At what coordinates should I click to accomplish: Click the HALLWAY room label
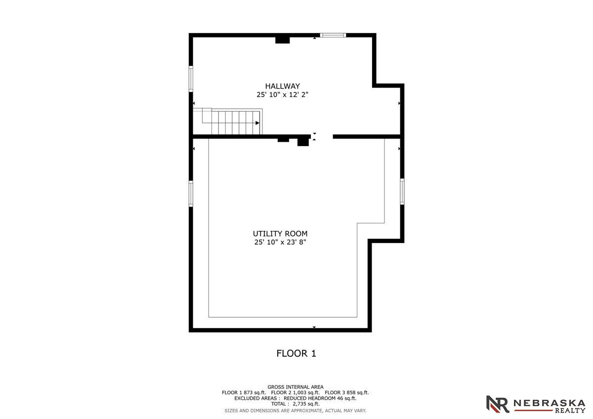[283, 86]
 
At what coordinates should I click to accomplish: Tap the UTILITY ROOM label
[280, 234]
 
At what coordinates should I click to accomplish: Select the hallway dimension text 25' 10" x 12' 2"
[283, 94]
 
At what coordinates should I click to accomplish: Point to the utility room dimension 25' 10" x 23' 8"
[280, 242]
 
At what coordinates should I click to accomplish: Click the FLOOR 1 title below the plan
[296, 353]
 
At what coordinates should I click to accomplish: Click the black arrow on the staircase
[257, 123]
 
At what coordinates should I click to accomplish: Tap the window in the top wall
[333, 35]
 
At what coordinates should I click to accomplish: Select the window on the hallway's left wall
[191, 79]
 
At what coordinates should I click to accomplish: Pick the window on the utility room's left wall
[191, 194]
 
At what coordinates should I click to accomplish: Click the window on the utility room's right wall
[402, 191]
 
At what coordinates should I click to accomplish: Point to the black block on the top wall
[283, 40]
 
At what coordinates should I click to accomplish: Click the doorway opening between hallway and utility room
[322, 136]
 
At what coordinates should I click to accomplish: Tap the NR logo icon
[498, 404]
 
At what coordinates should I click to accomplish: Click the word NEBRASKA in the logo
[550, 403]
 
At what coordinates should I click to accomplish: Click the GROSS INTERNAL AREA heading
[296, 387]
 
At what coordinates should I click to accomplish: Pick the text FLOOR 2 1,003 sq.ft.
[296, 392]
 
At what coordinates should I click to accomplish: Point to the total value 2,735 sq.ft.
[306, 404]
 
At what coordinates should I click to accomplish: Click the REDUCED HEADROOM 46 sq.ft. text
[320, 398]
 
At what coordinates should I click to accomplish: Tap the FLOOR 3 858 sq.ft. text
[347, 392]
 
